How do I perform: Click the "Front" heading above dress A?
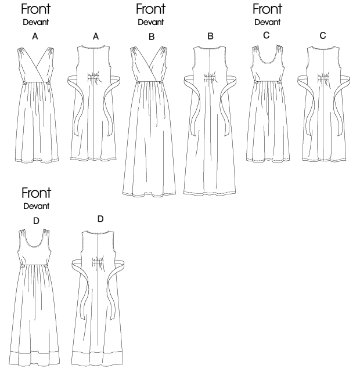point(35,9)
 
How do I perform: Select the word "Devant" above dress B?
point(151,23)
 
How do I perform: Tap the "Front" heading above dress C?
point(268,9)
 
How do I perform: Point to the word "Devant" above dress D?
point(35,206)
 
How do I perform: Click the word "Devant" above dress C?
point(268,23)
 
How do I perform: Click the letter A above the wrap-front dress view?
point(35,37)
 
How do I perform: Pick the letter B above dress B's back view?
point(210,37)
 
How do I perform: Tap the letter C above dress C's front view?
point(267,35)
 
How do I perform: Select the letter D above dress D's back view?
point(100,219)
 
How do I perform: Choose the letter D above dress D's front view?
point(36,219)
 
